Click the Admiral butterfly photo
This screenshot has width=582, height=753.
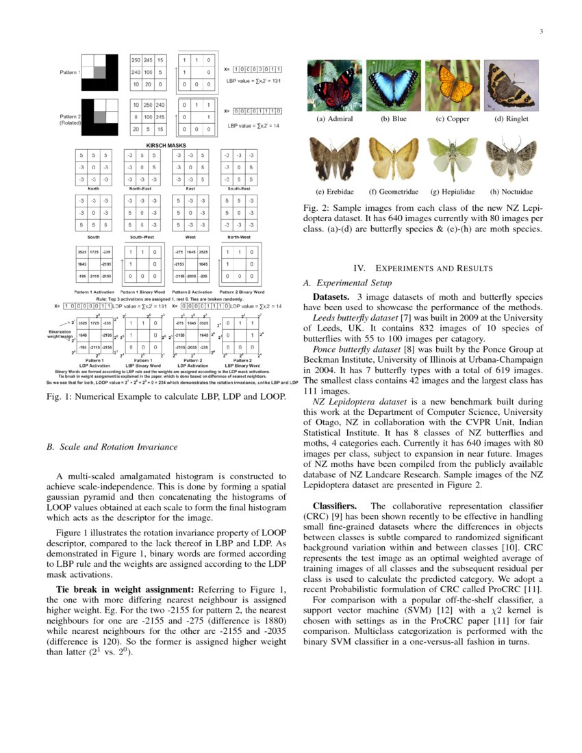point(334,85)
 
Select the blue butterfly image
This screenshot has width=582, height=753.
point(394,85)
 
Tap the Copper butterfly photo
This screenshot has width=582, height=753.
point(453,85)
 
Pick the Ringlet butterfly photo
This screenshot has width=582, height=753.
point(511,85)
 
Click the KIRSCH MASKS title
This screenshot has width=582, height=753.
point(166,145)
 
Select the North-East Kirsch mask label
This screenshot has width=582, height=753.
point(141,188)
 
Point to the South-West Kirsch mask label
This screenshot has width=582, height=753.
point(141,236)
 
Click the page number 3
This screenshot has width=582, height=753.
point(541,31)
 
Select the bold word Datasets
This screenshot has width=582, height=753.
point(333,298)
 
